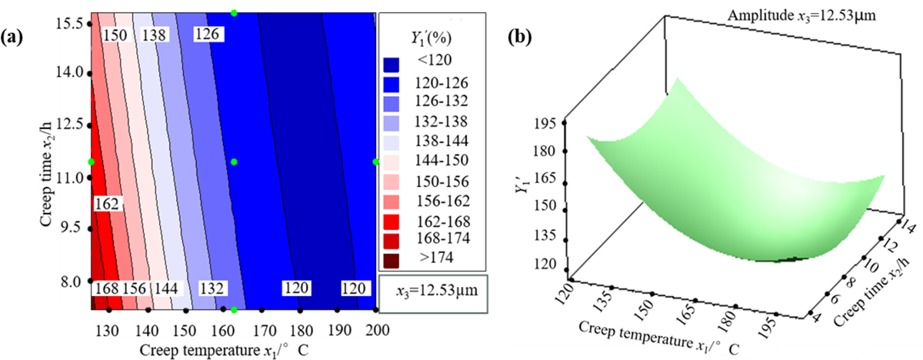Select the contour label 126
pyautogui.click(x=207, y=35)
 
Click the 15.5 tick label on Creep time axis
pyautogui.click(x=68, y=24)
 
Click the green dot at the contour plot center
pyautogui.click(x=234, y=162)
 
